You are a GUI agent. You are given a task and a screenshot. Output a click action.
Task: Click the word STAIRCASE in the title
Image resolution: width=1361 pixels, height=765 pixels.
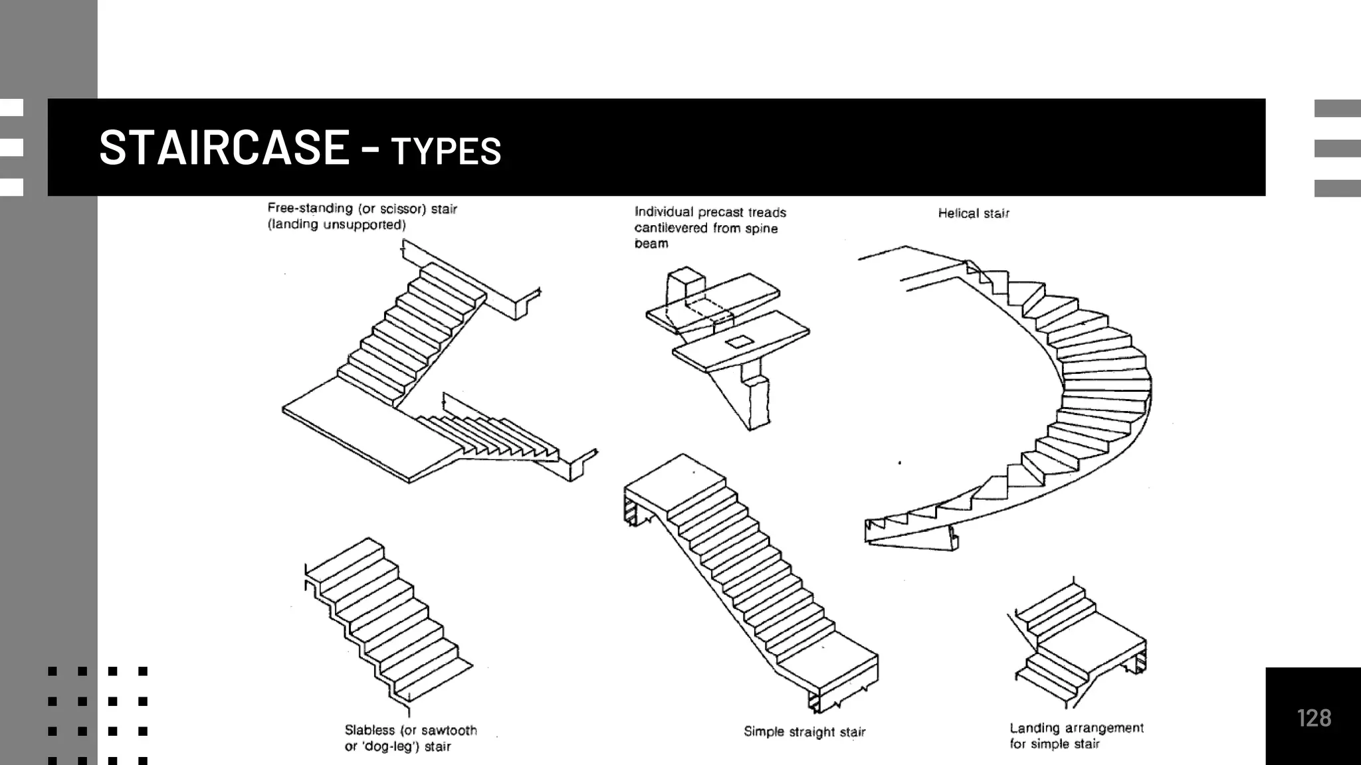(224, 147)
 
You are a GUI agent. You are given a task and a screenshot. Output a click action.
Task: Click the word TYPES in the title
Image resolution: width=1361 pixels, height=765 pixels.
(446, 151)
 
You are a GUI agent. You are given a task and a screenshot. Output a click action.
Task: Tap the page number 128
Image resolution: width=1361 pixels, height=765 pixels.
(1313, 718)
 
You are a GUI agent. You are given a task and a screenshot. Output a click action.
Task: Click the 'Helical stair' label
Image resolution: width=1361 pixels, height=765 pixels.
(973, 213)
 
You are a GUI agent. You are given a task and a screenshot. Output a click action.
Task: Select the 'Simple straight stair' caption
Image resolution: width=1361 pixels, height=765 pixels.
(804, 732)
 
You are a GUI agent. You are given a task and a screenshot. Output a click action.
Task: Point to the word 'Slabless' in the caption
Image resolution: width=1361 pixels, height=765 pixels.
(369, 730)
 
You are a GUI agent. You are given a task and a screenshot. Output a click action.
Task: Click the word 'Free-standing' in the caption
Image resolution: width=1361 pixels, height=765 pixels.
(310, 209)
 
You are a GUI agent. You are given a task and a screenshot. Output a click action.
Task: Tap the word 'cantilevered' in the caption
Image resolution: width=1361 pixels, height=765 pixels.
(671, 228)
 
